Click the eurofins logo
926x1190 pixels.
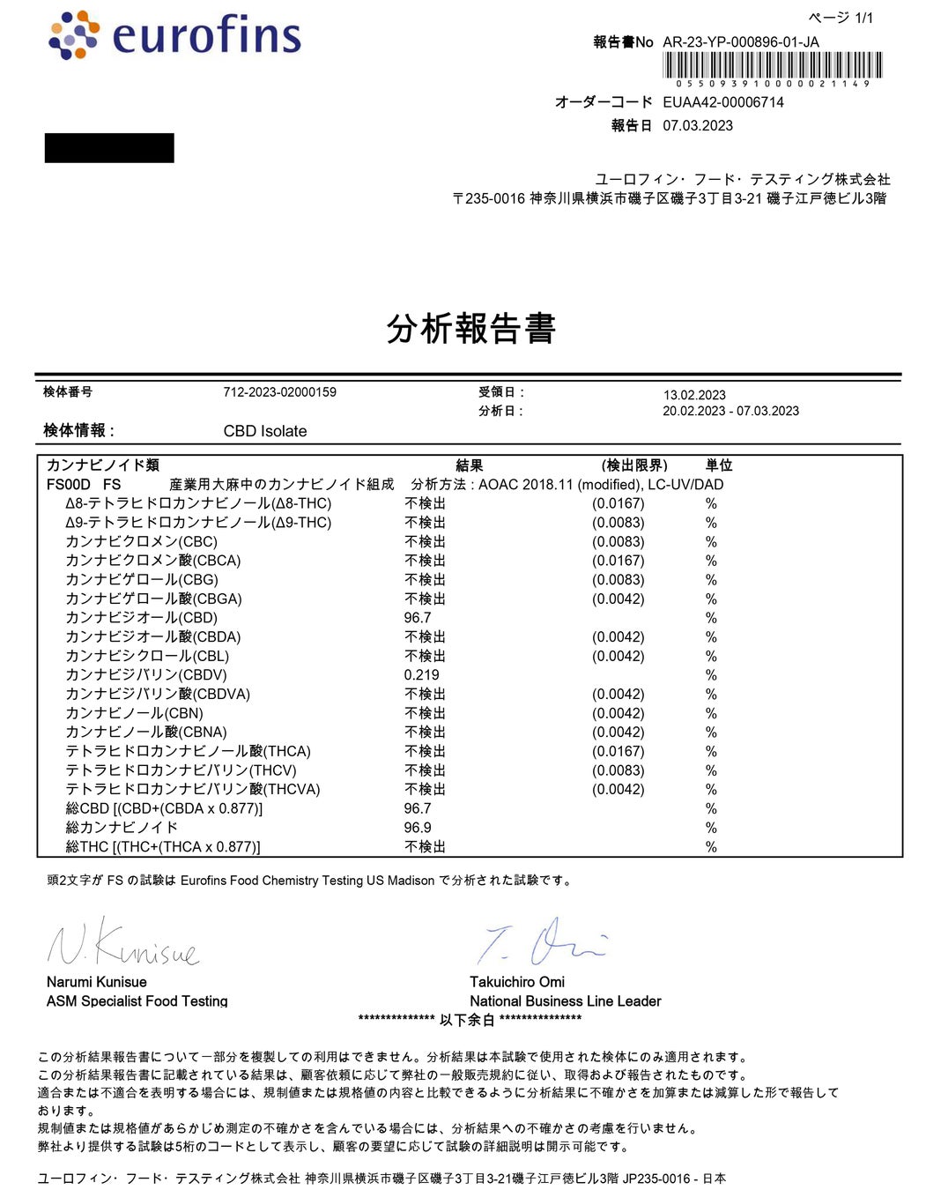pos(175,35)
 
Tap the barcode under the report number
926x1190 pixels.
pos(773,66)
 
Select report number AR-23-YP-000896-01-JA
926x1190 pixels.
pos(740,41)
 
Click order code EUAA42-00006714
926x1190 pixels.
pos(722,102)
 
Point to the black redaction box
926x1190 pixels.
pos(109,148)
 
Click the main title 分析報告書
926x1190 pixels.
pos(470,328)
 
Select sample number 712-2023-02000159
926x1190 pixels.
pos(279,392)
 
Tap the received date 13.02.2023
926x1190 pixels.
pos(694,395)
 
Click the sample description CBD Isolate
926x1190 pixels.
pos(265,431)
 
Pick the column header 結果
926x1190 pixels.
pos(469,465)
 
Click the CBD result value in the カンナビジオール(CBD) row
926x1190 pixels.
pos(418,618)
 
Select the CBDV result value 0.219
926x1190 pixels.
pos(421,675)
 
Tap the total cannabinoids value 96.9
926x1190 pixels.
pos(418,828)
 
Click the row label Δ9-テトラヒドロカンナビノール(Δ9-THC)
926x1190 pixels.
pos(198,523)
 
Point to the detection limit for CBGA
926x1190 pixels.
pos(618,599)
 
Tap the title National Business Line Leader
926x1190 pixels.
pos(565,1001)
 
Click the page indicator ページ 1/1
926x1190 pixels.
pos(841,18)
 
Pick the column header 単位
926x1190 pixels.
pos(719,465)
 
